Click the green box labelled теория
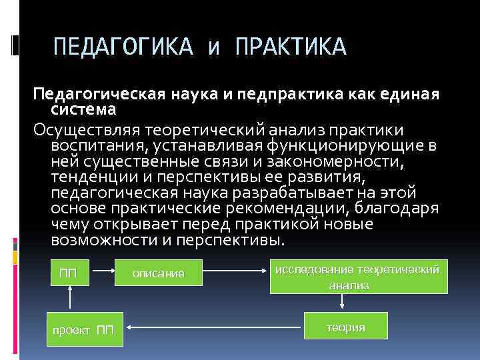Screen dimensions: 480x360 tap(345, 328)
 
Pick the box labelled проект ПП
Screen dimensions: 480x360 tap(83, 330)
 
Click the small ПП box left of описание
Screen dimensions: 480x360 tap(68, 273)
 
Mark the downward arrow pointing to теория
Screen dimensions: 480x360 tap(342, 301)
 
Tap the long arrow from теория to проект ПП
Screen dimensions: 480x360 tap(213, 327)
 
